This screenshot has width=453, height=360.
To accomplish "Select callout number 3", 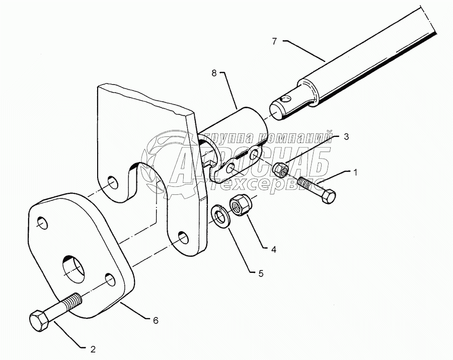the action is tap(346, 136).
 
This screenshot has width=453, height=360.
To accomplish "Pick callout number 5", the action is tap(261, 274).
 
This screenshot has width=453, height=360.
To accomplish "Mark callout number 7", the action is tap(274, 41).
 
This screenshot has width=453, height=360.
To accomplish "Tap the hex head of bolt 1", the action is tap(327, 195).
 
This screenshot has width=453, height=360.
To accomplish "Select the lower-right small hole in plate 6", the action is tap(109, 279).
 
